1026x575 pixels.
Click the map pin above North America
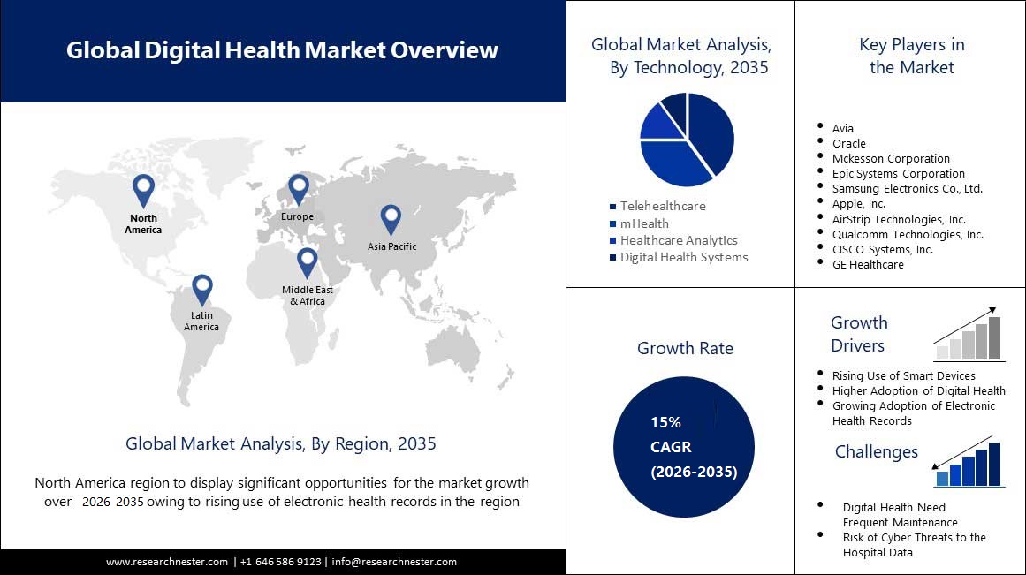point(143,189)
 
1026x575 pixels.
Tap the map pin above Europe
point(298,187)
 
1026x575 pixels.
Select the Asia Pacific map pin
point(391,218)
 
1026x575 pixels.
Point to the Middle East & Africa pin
point(307,261)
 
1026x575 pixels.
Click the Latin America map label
point(201,322)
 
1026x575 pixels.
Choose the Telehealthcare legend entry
point(662,206)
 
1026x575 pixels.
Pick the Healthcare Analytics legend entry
point(678,240)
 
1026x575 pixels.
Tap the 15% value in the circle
point(665,422)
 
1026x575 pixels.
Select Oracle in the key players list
point(848,143)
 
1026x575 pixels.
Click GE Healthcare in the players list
point(867,264)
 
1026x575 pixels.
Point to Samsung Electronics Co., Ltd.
point(907,188)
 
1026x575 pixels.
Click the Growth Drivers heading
point(859,334)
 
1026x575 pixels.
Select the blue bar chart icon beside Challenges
point(969,465)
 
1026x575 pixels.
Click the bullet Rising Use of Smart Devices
point(903,375)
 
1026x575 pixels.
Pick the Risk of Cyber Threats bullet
point(914,544)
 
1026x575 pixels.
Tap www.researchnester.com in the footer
point(167,562)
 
